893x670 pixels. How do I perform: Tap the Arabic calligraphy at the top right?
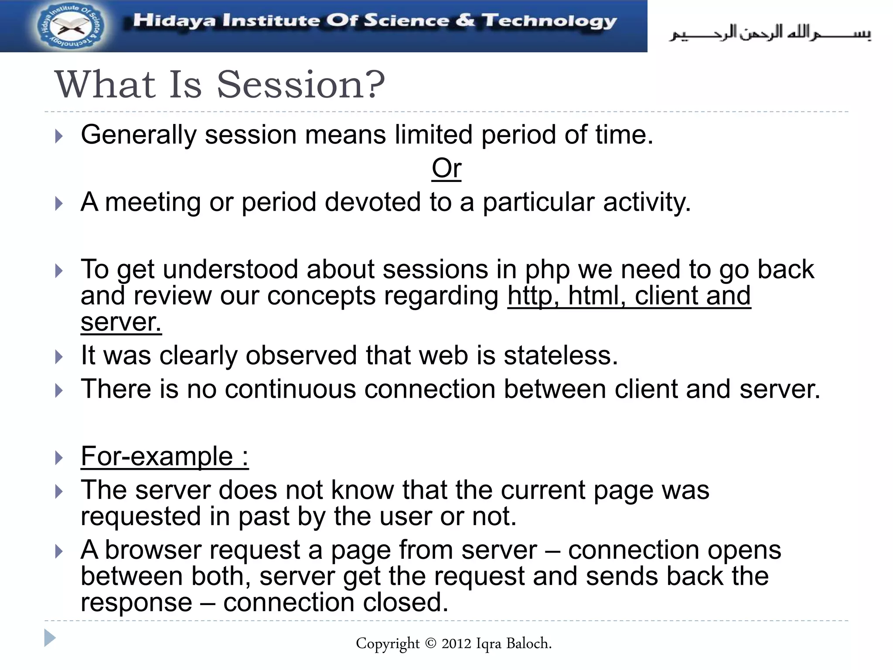[x=770, y=33]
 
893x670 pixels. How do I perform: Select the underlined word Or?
[x=446, y=168]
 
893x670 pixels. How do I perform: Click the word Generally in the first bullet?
[x=138, y=134]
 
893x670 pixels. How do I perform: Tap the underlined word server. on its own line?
[x=121, y=322]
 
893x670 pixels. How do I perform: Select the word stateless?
[x=561, y=355]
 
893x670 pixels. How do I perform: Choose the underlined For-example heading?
[x=164, y=456]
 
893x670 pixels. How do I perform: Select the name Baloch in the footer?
[x=528, y=643]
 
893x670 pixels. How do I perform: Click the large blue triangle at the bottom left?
[x=50, y=638]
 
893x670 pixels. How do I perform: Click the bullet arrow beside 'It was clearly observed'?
[x=59, y=357]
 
